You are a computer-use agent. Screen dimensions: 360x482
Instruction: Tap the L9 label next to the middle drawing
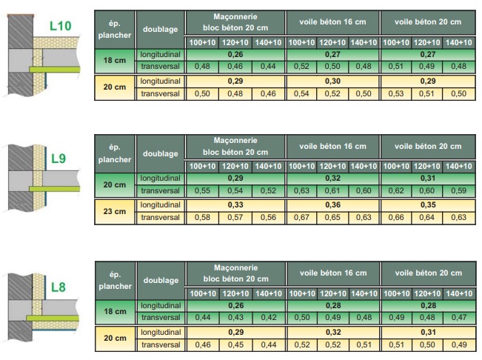point(58,158)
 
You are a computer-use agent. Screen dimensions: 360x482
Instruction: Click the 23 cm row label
point(114,211)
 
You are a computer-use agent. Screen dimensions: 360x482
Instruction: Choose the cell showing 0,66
point(396,217)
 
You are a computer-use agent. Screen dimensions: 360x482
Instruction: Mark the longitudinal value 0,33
point(235,204)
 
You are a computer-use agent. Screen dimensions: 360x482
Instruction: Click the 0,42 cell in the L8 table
point(268,318)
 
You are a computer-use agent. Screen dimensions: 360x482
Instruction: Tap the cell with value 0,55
point(201,190)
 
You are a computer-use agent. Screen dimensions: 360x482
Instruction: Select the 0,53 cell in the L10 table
point(396,94)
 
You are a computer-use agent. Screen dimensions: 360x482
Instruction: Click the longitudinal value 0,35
point(427,204)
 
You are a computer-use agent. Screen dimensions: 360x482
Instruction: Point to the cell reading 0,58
point(201,217)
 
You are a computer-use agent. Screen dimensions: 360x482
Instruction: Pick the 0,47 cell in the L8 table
point(459,318)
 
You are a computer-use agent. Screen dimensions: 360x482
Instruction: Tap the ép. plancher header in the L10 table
point(114,29)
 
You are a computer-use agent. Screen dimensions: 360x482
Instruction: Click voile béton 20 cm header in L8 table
point(427,273)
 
